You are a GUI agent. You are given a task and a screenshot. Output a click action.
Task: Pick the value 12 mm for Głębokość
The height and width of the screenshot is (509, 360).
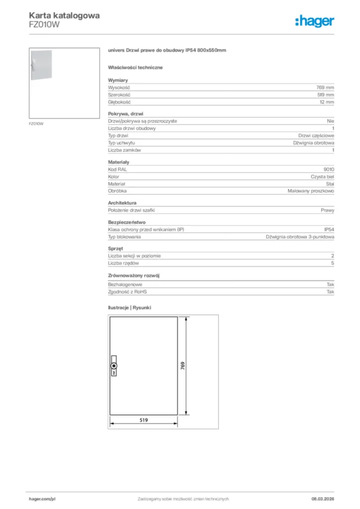coord(327,102)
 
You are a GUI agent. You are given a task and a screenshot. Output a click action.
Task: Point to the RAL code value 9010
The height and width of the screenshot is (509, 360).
coord(329,170)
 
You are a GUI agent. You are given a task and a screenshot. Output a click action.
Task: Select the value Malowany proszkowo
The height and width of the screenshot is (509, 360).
coord(311,191)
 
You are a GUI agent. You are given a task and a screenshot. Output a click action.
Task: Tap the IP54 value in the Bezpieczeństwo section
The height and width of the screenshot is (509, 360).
coord(329,230)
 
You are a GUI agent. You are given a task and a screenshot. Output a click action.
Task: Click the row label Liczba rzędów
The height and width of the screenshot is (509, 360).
coord(123,263)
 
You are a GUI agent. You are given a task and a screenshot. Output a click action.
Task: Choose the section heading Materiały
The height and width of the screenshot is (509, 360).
coord(119,163)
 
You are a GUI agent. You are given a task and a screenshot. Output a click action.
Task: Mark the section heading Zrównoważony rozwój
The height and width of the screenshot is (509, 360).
coord(134,275)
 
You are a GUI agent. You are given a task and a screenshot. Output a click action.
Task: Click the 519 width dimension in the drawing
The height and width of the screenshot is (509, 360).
coord(143,420)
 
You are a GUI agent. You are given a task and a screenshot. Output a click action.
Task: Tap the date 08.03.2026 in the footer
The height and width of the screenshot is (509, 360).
coord(319,499)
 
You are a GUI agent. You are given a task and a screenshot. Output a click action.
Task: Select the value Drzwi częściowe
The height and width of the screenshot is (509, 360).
coord(316,136)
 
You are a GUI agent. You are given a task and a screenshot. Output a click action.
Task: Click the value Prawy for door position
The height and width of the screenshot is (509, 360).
coord(327,210)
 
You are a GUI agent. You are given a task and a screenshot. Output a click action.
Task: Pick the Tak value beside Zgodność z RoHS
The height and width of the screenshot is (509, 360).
coord(330,292)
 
